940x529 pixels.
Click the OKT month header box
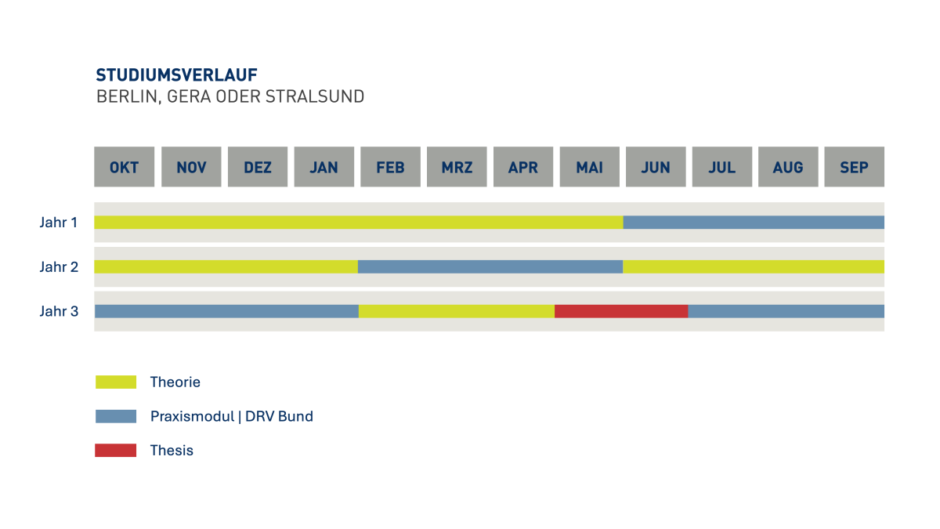pyautogui.click(x=125, y=167)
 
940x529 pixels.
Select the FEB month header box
pyautogui.click(x=390, y=167)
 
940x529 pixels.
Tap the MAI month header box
pyautogui.click(x=589, y=167)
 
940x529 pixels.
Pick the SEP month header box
pyautogui.click(x=854, y=167)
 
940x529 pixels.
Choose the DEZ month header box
pyautogui.click(x=258, y=167)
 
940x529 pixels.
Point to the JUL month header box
pyautogui.click(x=721, y=167)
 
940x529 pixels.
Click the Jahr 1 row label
pyautogui.click(x=59, y=223)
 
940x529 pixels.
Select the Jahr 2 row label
pyautogui.click(x=59, y=267)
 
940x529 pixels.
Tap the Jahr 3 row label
pyautogui.click(x=59, y=312)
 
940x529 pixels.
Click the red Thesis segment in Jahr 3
pyautogui.click(x=621, y=311)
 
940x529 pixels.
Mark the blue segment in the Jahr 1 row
pyautogui.click(x=754, y=222)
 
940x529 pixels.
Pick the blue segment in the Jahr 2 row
pyautogui.click(x=490, y=266)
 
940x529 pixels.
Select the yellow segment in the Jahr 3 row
pyautogui.click(x=457, y=311)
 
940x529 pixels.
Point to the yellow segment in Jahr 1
pyautogui.click(x=359, y=222)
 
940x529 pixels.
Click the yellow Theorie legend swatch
pyautogui.click(x=116, y=382)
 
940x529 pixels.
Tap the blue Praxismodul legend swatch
pyautogui.click(x=116, y=417)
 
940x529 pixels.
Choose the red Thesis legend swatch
pyautogui.click(x=116, y=451)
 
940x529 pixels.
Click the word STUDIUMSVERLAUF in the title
pyautogui.click(x=177, y=75)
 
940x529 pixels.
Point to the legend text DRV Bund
pyautogui.click(x=279, y=417)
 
